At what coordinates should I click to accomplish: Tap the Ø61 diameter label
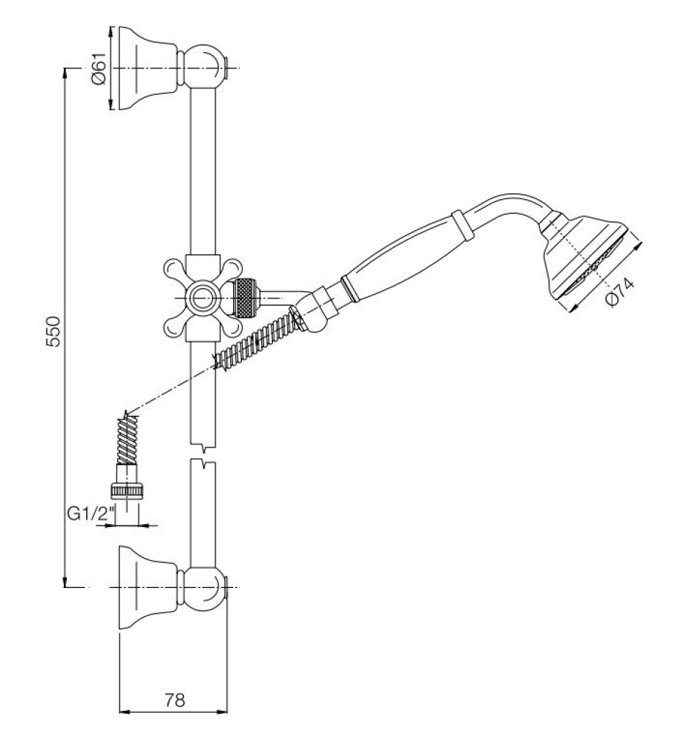coord(99,68)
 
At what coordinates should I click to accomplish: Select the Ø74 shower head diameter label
coord(620,292)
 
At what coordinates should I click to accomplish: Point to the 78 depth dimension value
coord(174,700)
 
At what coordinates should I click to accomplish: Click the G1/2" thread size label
coord(91,514)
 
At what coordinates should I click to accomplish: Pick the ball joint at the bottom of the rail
coord(204,588)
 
